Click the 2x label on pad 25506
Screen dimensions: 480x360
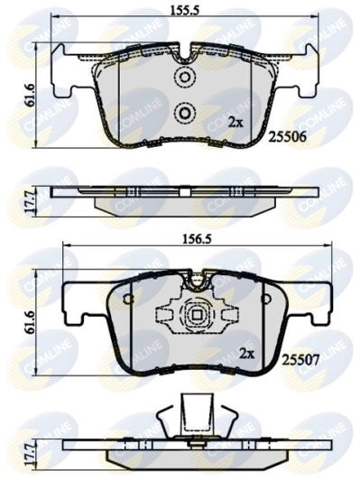235,121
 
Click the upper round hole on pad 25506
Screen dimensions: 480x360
184,78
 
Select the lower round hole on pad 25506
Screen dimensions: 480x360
184,113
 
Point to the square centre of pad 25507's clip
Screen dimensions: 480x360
195,317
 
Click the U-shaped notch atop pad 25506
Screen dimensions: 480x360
184,58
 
